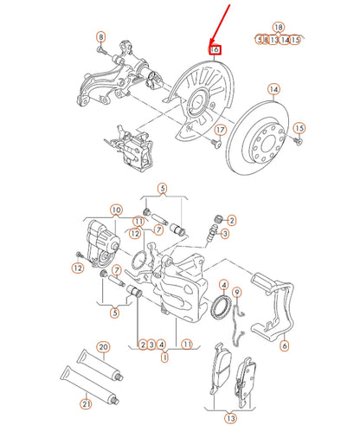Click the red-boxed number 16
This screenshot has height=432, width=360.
pos(215,51)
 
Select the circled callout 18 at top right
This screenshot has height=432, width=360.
pos(278,28)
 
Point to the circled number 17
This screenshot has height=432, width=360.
pos(219,131)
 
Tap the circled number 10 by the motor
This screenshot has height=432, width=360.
pos(116,210)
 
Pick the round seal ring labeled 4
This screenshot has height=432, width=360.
pos(222,306)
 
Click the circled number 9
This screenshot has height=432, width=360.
pos(238,292)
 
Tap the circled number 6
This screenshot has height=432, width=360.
pos(284,346)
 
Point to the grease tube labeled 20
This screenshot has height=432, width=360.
pos(91,363)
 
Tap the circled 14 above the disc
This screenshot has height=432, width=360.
pos(273,89)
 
